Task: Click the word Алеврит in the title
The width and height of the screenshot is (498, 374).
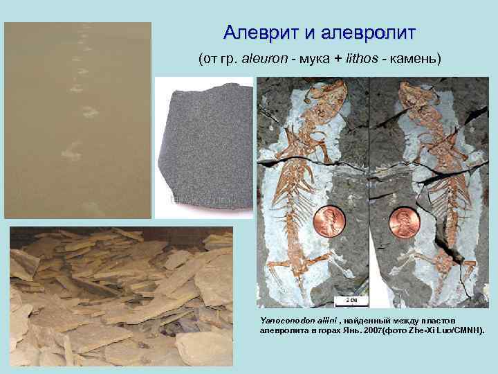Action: pyautogui.click(x=257, y=33)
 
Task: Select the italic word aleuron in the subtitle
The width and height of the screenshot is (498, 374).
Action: pyautogui.click(x=263, y=58)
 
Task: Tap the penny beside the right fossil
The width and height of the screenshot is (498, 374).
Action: pyautogui.click(x=405, y=223)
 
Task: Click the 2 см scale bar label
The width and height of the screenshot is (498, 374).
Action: pyautogui.click(x=351, y=299)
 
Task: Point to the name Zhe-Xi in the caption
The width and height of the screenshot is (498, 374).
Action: pyautogui.click(x=423, y=330)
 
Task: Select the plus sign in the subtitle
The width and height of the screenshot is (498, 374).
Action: pyautogui.click(x=337, y=58)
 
